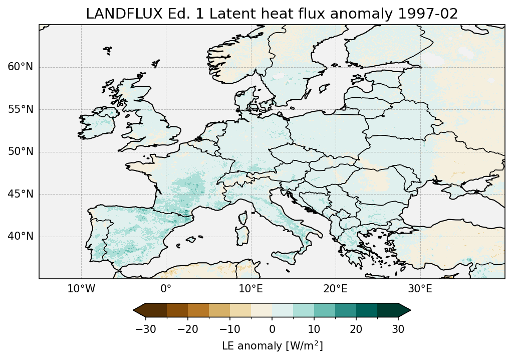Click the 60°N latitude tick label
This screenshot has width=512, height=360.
(x=21, y=67)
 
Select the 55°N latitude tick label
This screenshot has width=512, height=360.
(x=21, y=109)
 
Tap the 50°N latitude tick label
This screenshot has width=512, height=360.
(x=21, y=152)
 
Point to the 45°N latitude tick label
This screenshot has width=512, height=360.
(x=21, y=194)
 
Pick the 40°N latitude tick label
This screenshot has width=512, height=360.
(x=21, y=236)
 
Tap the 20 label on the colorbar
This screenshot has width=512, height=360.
(x=356, y=329)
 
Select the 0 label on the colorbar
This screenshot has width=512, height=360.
(x=272, y=329)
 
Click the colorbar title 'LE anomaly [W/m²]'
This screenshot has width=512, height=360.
(x=272, y=346)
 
